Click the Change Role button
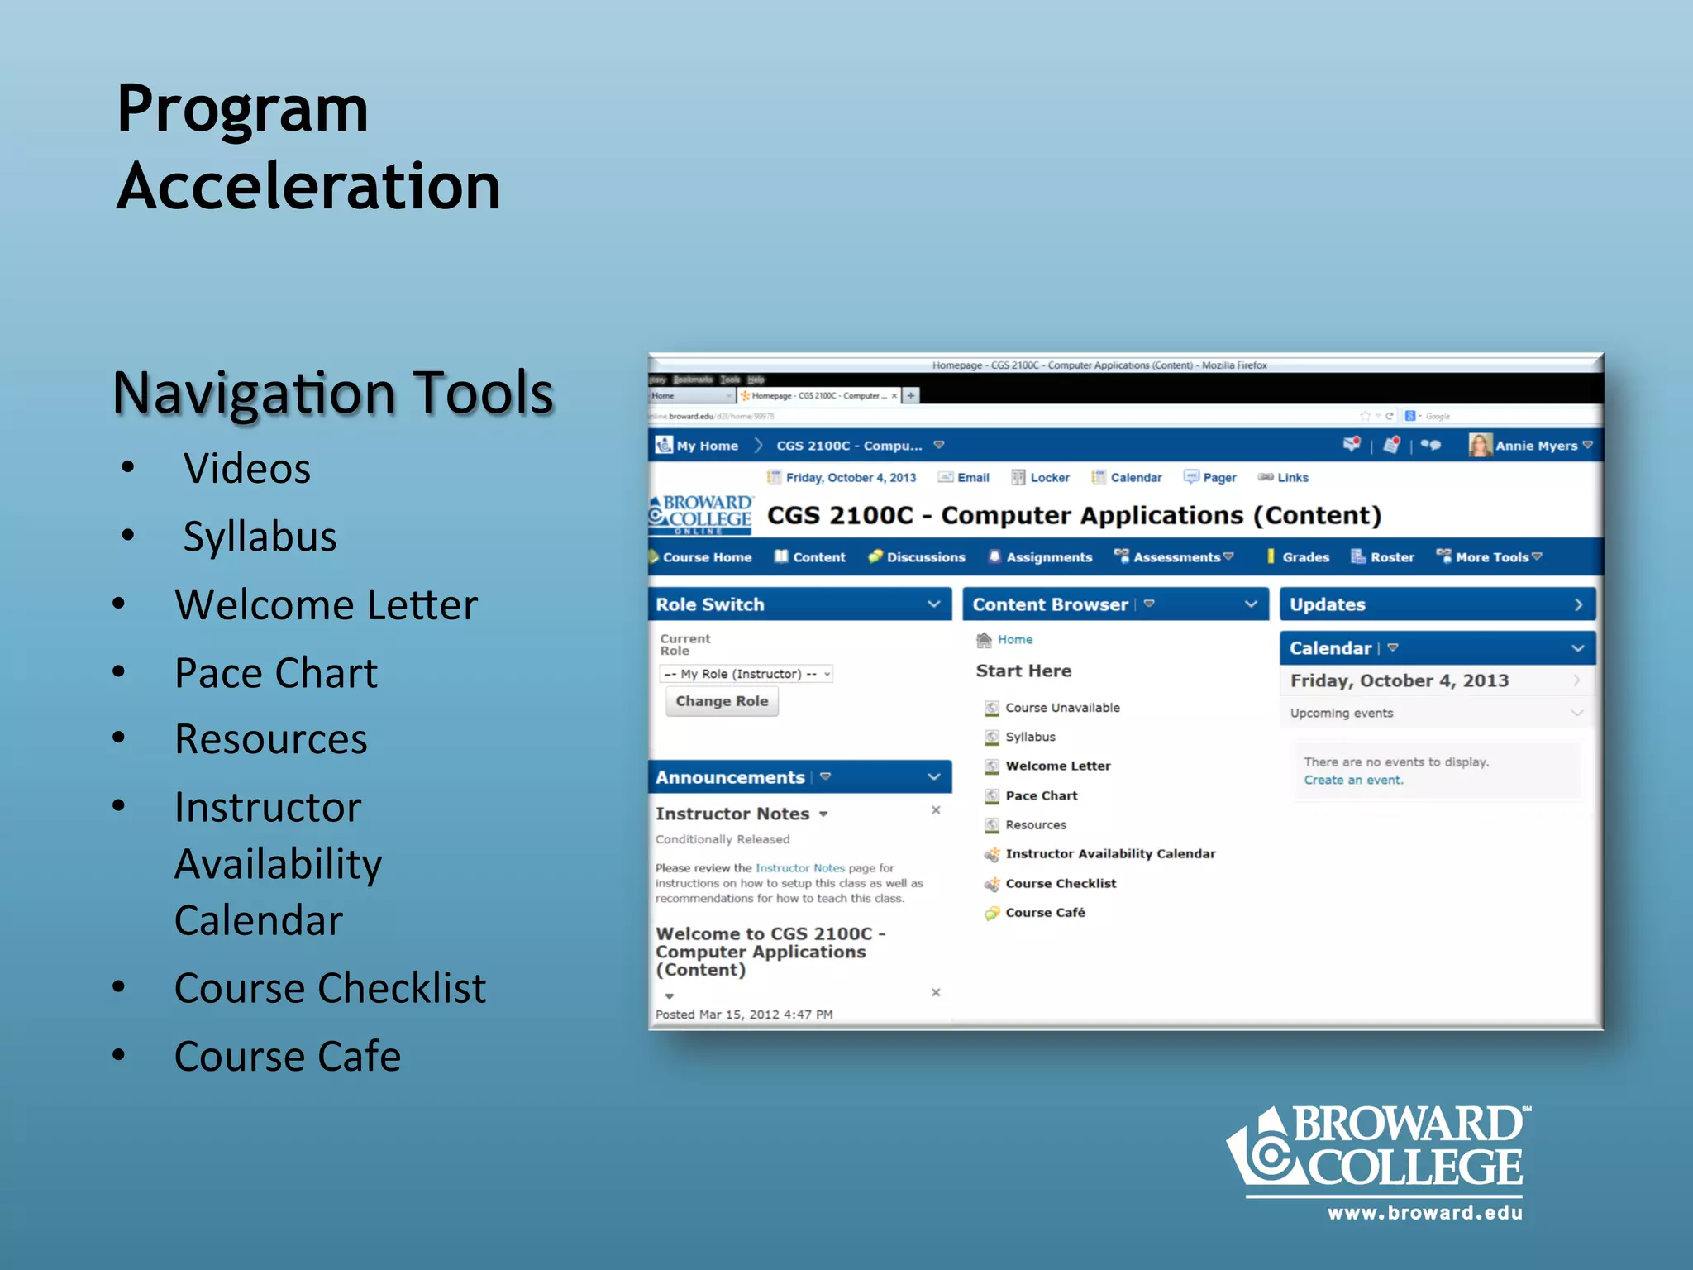tap(722, 701)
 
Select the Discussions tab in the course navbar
tap(925, 557)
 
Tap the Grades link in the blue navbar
tap(1305, 557)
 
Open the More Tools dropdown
tap(1492, 557)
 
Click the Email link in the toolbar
tap(972, 478)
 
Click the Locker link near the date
tap(1049, 478)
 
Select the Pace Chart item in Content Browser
tap(1041, 795)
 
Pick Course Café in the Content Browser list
tap(1045, 913)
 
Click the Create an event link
tap(1353, 780)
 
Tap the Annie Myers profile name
tap(1536, 446)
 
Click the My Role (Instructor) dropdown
tap(746, 674)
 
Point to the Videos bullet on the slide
tap(247, 469)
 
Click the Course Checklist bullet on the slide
tap(330, 988)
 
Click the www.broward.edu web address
tap(1424, 1213)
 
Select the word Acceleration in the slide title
tap(308, 186)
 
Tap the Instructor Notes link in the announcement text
tap(799, 868)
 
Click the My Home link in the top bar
tap(707, 446)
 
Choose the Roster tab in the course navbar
tap(1391, 557)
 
